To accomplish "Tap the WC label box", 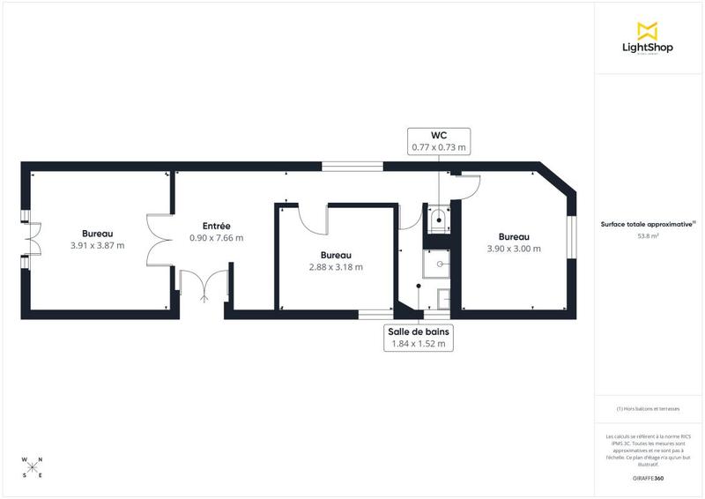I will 438,141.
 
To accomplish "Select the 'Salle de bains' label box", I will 418,338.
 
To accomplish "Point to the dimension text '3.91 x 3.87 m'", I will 97,245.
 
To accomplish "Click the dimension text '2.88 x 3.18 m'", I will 335,266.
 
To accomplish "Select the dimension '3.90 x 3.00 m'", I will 514,249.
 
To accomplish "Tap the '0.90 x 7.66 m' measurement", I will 217,238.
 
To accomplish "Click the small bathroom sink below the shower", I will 443,299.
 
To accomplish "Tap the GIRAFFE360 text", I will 648,477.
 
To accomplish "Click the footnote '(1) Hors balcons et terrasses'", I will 648,409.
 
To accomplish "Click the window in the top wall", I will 352,166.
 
